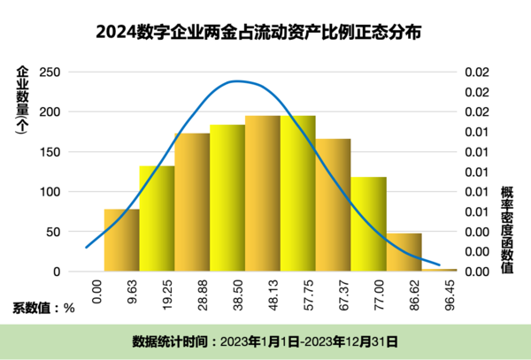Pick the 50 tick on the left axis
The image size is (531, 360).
53,232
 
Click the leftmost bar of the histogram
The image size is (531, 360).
121,241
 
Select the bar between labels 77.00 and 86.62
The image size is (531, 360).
404,252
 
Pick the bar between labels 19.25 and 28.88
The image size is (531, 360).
192,203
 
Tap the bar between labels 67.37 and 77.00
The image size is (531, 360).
369,225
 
